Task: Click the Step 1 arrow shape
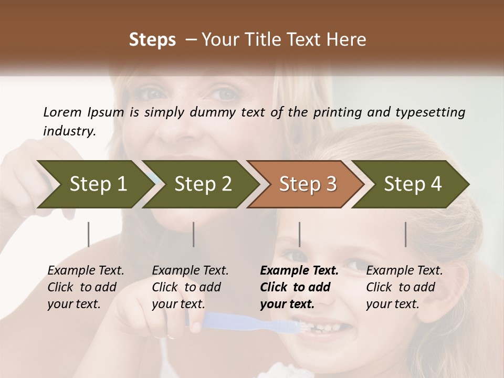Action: pos(94,184)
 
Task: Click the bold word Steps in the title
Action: pos(152,39)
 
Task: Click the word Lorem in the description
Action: pos(62,112)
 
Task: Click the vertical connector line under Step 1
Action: pos(88,234)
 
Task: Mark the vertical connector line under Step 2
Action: pos(194,234)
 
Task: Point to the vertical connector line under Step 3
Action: pos(299,234)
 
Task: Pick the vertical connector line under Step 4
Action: pos(405,234)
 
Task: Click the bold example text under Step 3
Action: pos(299,287)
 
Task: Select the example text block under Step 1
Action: pos(86,287)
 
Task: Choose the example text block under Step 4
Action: pos(404,287)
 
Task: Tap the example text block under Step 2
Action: pos(190,287)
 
